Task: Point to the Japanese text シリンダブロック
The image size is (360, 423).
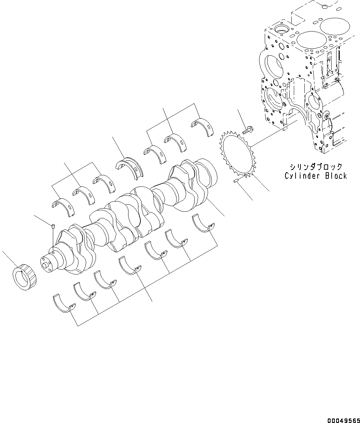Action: tap(316, 167)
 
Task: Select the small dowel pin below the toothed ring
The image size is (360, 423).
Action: tap(235, 181)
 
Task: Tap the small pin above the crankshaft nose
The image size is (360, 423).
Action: tap(53, 226)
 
